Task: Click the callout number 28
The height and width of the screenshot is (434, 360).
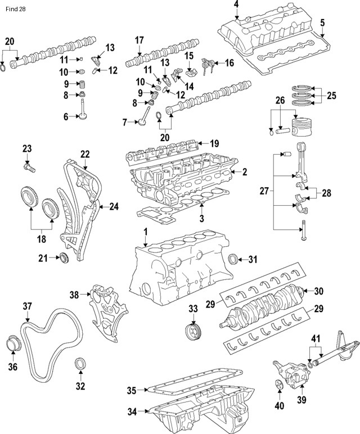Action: pos(326,193)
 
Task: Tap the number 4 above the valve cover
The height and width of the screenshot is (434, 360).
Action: pos(236,5)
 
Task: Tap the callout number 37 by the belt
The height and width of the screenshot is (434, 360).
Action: pos(27,306)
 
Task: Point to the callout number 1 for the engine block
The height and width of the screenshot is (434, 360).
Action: pos(145,232)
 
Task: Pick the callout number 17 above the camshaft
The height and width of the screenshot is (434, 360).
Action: pos(139,40)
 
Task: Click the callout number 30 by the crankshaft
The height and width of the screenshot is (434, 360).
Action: pos(319,291)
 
